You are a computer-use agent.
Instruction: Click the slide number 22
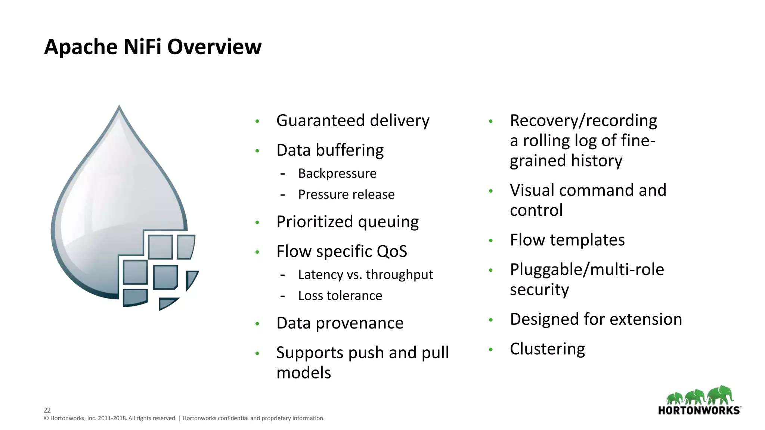[47, 410]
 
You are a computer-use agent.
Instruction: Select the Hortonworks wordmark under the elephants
[699, 411]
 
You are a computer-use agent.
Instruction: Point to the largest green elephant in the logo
[721, 395]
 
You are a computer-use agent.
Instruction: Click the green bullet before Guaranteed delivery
[257, 121]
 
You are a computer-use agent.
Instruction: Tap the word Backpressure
[337, 174]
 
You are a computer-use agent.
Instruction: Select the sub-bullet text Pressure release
[346, 194]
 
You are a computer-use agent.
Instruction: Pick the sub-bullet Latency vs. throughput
[365, 275]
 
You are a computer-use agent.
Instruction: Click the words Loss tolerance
[340, 296]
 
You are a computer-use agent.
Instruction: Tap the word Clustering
[547, 349]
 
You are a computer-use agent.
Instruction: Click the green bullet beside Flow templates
[491, 241]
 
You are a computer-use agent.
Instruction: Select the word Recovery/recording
[583, 121]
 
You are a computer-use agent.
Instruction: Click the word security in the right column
[539, 290]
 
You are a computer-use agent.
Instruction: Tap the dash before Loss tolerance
[283, 296]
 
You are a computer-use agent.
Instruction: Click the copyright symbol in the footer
[46, 418]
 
